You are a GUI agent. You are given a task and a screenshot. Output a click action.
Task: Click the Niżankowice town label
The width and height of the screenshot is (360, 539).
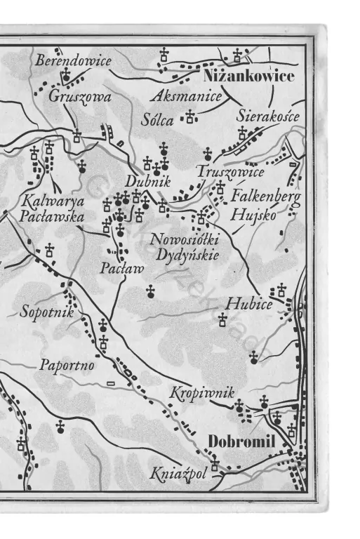click(x=248, y=76)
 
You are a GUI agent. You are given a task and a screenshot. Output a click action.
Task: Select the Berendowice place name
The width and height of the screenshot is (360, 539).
click(x=73, y=61)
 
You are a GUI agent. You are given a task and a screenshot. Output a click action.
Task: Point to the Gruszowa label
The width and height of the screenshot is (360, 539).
click(x=79, y=97)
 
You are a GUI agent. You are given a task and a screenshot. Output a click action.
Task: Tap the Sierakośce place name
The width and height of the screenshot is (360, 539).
click(x=268, y=115)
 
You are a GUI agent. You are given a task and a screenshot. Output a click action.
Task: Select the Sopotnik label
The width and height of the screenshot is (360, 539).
click(x=47, y=311)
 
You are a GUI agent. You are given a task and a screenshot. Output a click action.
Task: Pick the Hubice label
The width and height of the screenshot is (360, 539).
click(x=248, y=304)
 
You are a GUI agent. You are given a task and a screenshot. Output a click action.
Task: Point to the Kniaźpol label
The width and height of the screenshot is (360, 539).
click(x=179, y=474)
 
